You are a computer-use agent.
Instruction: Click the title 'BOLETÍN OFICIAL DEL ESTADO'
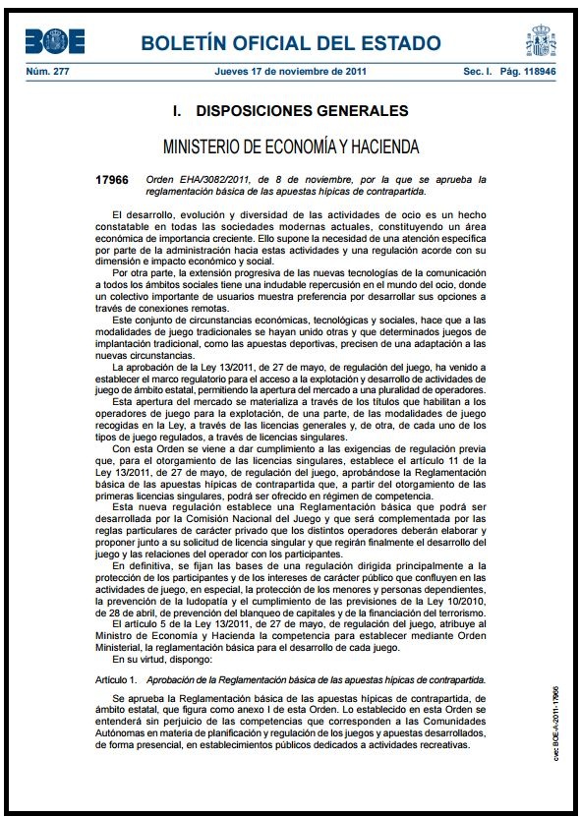pos(290,42)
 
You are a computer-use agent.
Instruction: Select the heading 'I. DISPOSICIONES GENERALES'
pos(290,110)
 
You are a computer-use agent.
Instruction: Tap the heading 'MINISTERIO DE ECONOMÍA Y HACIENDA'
pos(290,147)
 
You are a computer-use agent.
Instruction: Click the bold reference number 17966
pos(112,180)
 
